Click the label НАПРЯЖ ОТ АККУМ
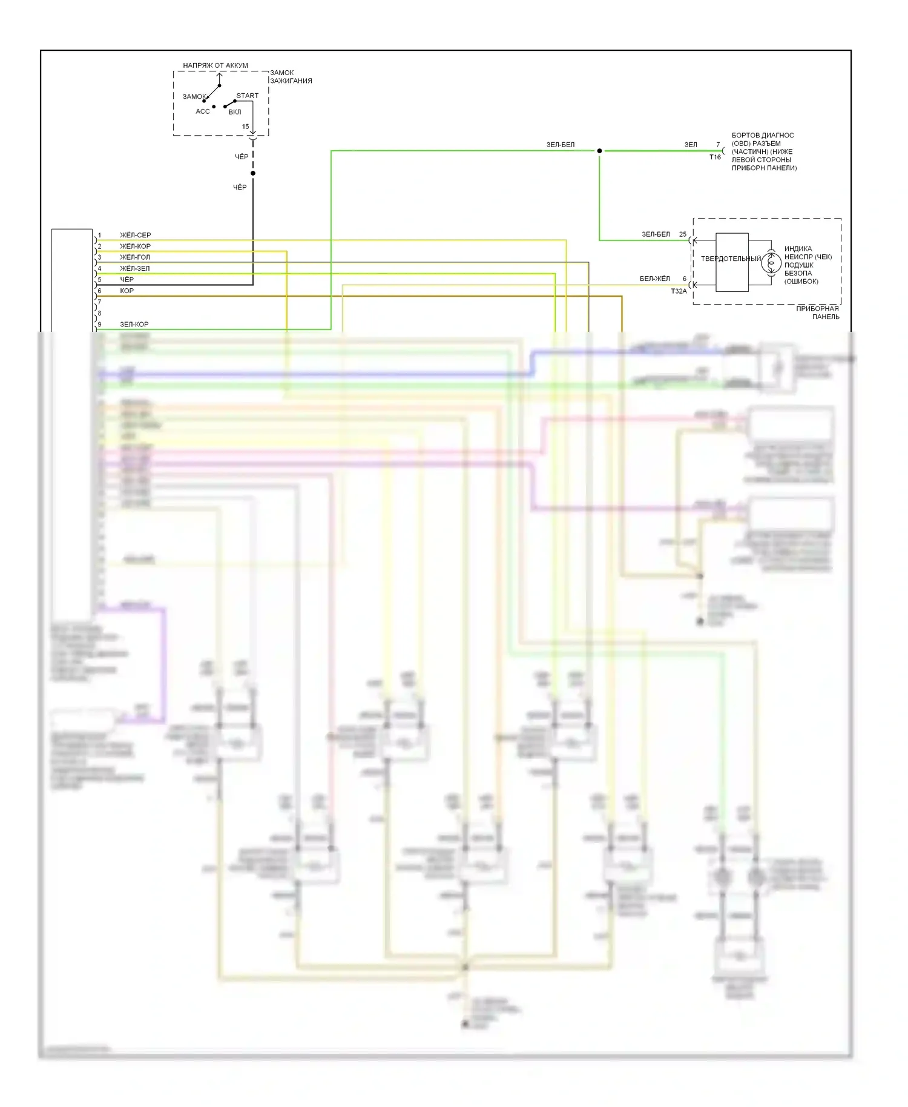coord(215,65)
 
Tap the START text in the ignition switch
coord(247,96)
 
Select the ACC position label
coord(202,111)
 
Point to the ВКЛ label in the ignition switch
coord(235,112)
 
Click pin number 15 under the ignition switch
coord(245,127)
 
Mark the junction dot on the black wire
coord(253,173)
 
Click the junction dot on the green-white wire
coord(599,151)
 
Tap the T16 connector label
coord(715,157)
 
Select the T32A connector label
coord(679,291)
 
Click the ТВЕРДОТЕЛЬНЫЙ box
coord(731,262)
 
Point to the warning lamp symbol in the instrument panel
coord(771,263)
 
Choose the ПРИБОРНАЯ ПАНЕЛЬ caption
coord(817,312)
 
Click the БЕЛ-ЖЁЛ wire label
coord(654,279)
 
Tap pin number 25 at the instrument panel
coord(683,234)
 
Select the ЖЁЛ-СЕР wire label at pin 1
coord(135,235)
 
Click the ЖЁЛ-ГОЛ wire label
coord(134,257)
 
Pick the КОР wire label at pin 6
coord(127,291)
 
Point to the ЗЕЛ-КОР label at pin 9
coord(134,325)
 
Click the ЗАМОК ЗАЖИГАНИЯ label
coord(291,76)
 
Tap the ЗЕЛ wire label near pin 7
coord(691,145)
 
